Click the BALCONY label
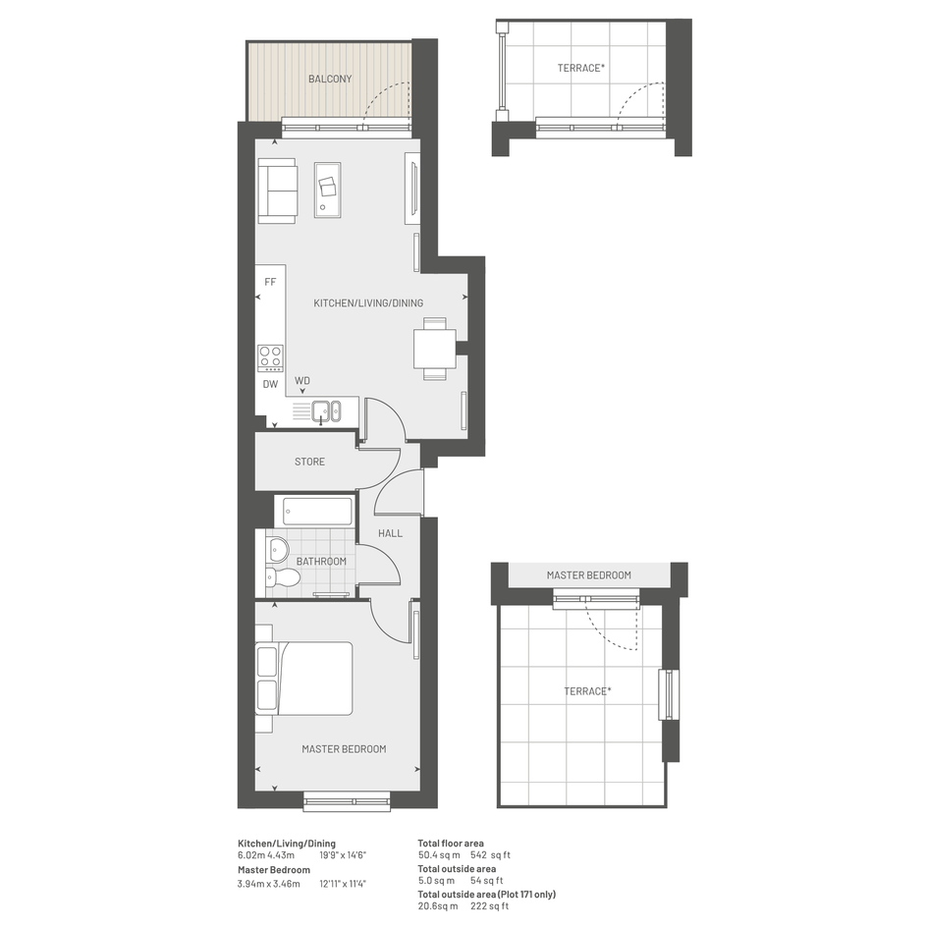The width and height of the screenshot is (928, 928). point(330,79)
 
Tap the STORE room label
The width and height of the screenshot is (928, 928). point(309,462)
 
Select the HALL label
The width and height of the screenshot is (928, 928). point(390,533)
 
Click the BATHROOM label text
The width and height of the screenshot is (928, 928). point(321,561)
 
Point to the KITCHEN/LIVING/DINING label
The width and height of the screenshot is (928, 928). point(368,303)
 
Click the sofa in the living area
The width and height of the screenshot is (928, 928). point(277,191)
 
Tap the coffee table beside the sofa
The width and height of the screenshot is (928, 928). point(327,190)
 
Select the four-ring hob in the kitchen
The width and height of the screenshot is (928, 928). point(270,358)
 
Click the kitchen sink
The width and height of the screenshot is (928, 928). point(326,411)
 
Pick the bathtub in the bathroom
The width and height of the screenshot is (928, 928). point(318,512)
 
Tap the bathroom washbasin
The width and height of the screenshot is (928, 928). point(275,549)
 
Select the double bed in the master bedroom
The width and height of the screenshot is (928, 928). point(304,679)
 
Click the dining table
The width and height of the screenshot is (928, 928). point(434,350)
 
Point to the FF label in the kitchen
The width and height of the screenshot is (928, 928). point(270,282)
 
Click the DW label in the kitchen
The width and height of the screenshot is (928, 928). point(270,384)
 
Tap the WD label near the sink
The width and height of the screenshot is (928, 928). point(301,381)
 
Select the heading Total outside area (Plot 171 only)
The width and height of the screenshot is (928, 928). point(486,895)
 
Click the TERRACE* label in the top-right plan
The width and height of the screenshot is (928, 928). point(580,68)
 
